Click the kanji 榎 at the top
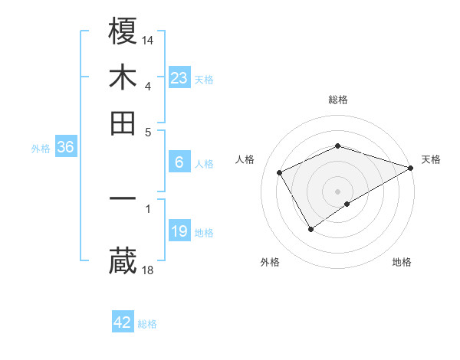point(123,32)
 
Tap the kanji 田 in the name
point(123,123)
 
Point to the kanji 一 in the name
point(123,198)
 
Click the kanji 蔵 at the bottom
point(123,261)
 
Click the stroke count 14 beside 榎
point(149,39)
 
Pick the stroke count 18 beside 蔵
point(149,269)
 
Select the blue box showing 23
point(179,78)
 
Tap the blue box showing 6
point(179,162)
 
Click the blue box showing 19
point(179,231)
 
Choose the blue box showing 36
point(65,148)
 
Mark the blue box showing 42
point(123,322)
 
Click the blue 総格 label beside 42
point(147,324)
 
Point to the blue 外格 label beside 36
point(41,149)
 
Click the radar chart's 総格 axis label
point(338,100)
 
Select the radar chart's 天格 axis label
point(431,159)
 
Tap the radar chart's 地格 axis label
point(402,262)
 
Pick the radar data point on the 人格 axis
point(280,172)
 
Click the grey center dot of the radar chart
point(338,191)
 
